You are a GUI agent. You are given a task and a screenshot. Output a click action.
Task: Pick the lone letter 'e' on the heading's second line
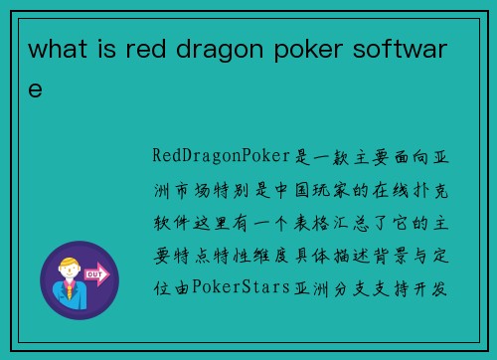[x=36, y=90]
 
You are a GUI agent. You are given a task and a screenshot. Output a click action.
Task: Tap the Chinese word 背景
[x=392, y=256]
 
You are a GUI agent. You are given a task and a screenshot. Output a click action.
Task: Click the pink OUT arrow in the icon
[x=97, y=271]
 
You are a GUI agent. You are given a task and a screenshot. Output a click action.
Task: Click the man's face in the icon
[x=71, y=273]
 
